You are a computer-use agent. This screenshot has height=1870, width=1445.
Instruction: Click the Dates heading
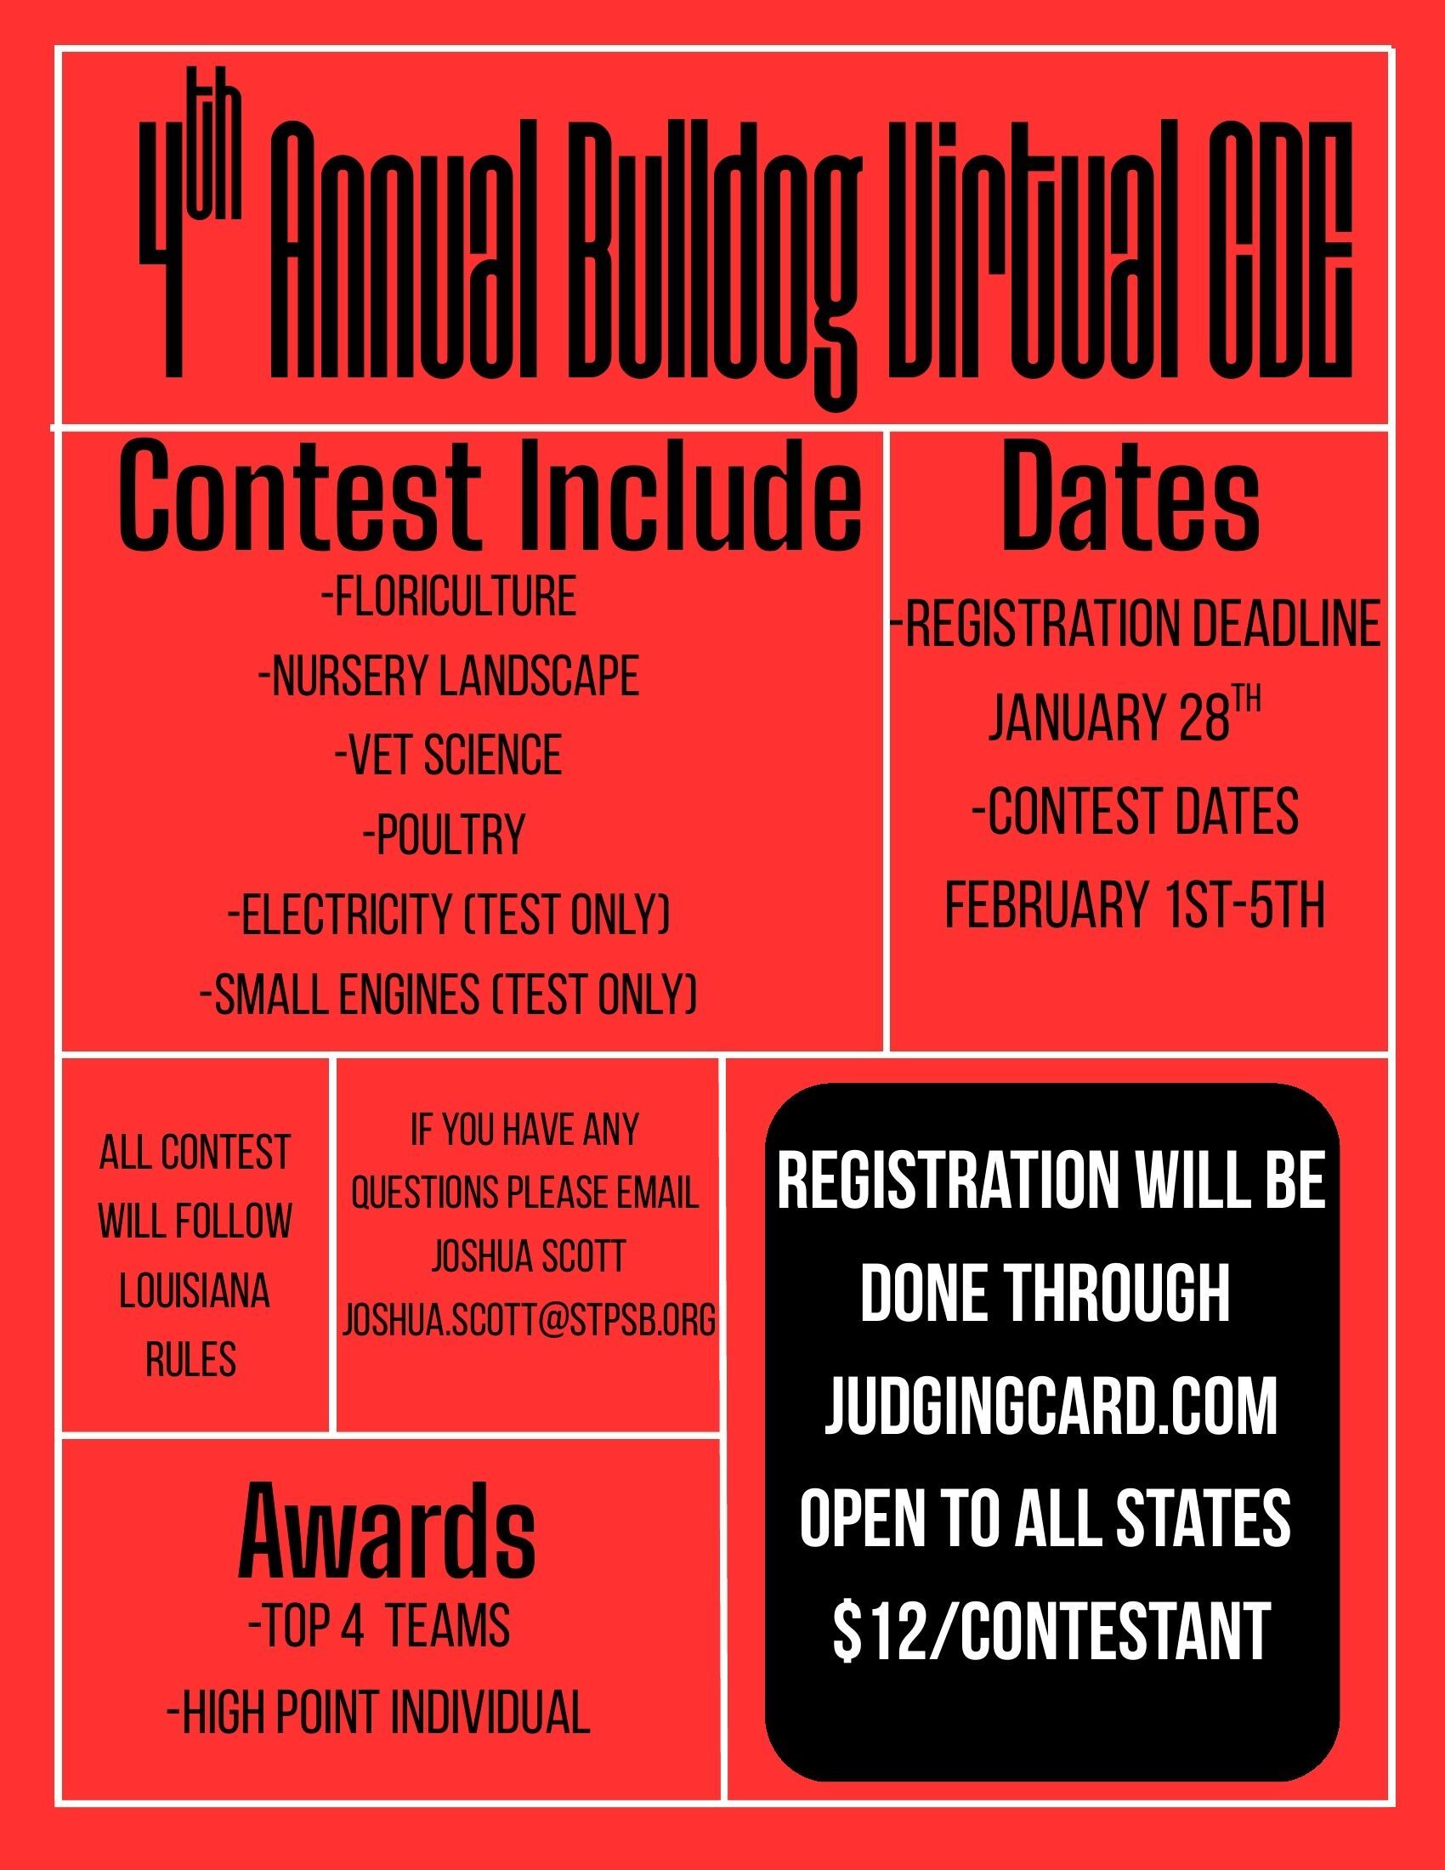(1130, 497)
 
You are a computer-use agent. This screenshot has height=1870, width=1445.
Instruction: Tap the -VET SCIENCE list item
(449, 754)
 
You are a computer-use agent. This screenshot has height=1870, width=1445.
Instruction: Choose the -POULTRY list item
(445, 834)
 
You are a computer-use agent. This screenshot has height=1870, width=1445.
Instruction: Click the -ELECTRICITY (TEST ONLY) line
(449, 914)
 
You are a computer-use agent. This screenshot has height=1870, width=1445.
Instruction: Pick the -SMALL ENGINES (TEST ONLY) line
(449, 993)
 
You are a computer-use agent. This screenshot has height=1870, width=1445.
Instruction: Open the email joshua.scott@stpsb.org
(529, 1319)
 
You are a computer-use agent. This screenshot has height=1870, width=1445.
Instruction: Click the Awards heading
(387, 1533)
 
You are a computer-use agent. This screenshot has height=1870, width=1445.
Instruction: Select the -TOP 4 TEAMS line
(379, 1626)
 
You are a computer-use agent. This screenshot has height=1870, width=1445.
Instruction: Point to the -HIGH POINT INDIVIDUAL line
(379, 1714)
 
